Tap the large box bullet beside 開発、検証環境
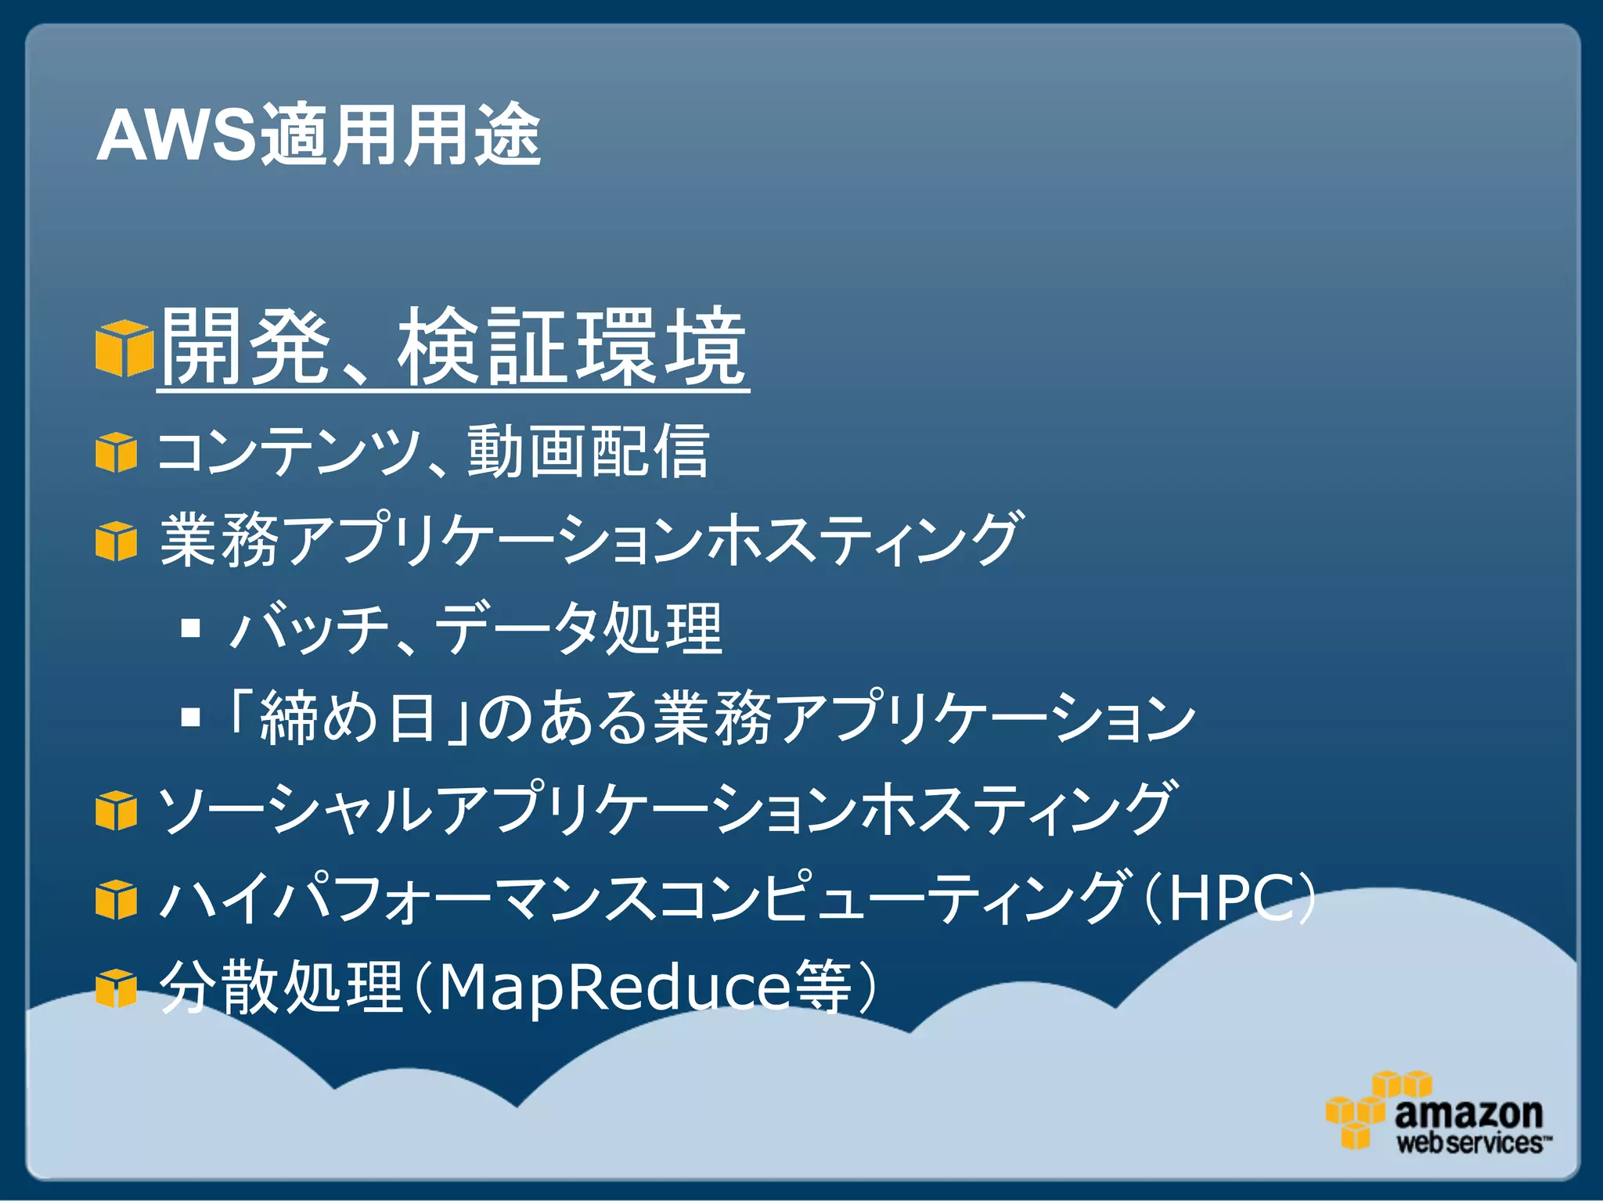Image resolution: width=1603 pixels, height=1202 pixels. pyautogui.click(x=124, y=347)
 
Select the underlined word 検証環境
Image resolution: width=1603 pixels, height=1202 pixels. pyautogui.click(x=572, y=347)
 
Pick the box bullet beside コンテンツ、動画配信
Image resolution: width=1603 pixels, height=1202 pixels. pyautogui.click(x=116, y=452)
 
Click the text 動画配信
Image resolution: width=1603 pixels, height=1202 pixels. pyautogui.click(x=588, y=452)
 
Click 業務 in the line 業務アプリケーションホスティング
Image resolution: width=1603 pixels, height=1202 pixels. pyautogui.click(x=220, y=540)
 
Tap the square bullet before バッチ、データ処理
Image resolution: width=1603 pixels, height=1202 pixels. pyautogui.click(x=190, y=628)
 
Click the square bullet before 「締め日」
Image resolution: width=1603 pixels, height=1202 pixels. pyautogui.click(x=190, y=717)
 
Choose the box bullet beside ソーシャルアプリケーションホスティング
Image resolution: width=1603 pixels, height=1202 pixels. pyautogui.click(x=116, y=810)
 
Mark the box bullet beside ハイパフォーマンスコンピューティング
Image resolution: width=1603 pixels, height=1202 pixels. pyautogui.click(x=116, y=899)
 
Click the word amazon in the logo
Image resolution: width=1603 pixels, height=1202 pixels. pyautogui.click(x=1468, y=1113)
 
